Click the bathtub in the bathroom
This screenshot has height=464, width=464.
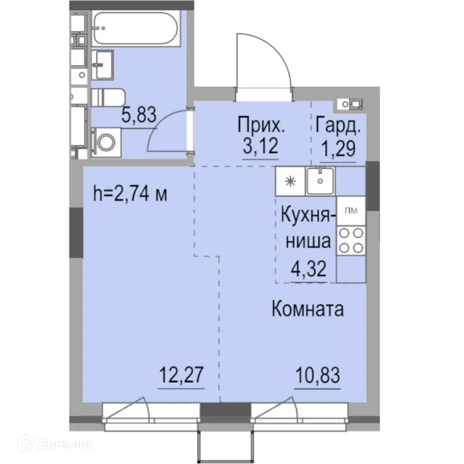(135, 29)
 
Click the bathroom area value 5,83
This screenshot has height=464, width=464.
(138, 114)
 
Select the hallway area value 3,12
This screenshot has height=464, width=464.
(260, 147)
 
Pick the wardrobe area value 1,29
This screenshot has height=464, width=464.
(338, 149)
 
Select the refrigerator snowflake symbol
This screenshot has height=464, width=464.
(290, 181)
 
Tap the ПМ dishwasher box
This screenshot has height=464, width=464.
(350, 211)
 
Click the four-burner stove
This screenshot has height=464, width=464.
(350, 241)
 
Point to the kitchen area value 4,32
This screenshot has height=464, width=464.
(307, 269)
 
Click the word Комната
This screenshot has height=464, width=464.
(308, 309)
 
